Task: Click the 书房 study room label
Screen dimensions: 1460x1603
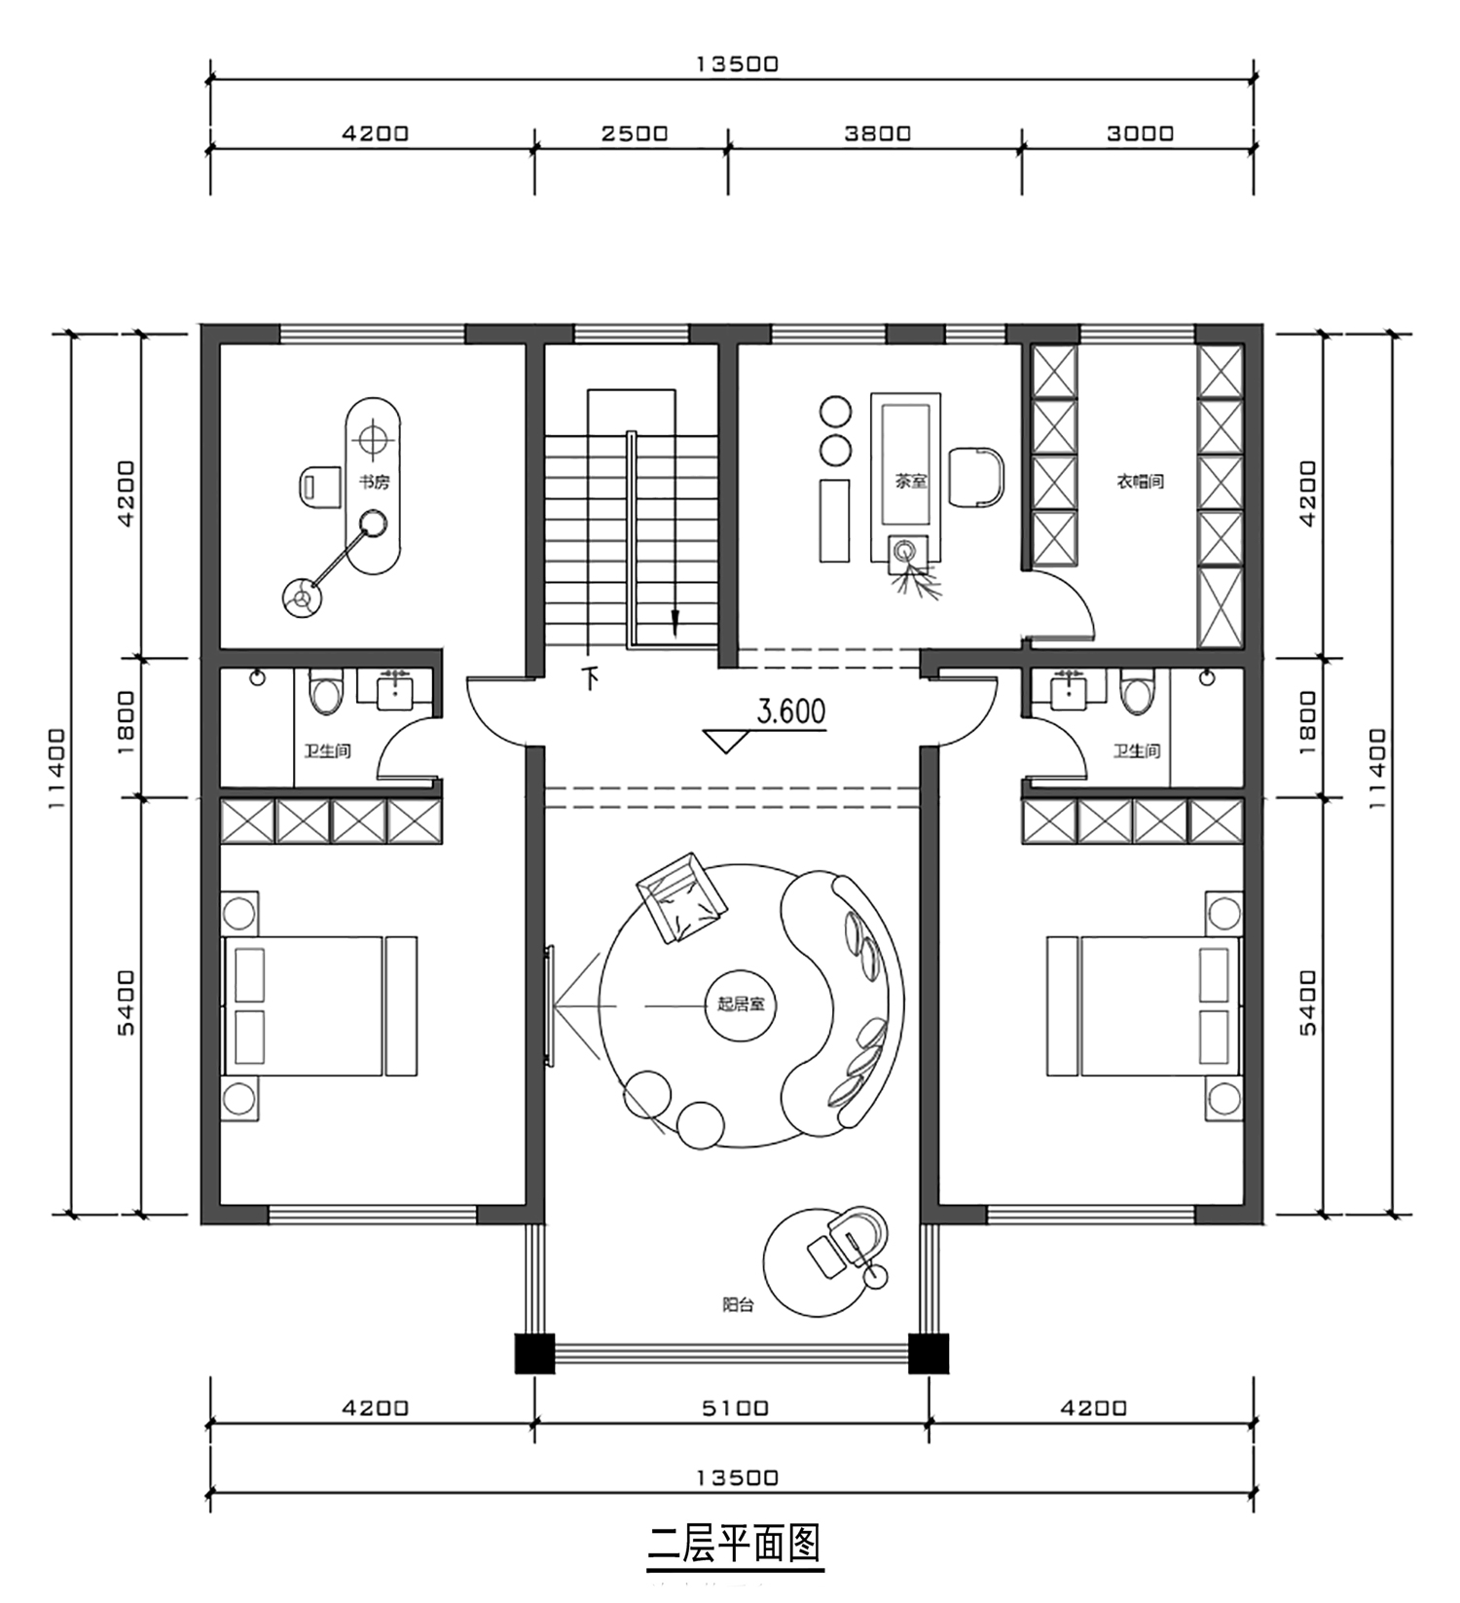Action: (374, 482)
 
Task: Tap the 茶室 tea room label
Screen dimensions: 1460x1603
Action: (911, 481)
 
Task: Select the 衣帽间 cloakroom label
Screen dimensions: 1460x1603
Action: (1140, 481)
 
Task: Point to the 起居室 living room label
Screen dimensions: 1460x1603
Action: (741, 1003)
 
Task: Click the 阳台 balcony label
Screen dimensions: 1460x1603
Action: (738, 1304)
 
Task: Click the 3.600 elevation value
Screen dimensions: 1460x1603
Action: (791, 711)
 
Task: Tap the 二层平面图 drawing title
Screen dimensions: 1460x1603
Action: (735, 1544)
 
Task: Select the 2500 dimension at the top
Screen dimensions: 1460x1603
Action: (635, 133)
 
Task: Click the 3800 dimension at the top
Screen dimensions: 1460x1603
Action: (878, 133)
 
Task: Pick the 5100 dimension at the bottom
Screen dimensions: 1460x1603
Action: (735, 1408)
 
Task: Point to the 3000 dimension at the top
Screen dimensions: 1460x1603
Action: (1141, 133)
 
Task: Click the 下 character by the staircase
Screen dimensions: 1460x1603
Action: (590, 677)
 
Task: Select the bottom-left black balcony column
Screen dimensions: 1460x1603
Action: (534, 1353)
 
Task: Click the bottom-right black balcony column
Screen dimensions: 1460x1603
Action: (929, 1353)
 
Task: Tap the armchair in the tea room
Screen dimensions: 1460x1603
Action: (975, 477)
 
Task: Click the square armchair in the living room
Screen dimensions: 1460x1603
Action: (681, 897)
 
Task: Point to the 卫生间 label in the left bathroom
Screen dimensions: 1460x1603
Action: (327, 751)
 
